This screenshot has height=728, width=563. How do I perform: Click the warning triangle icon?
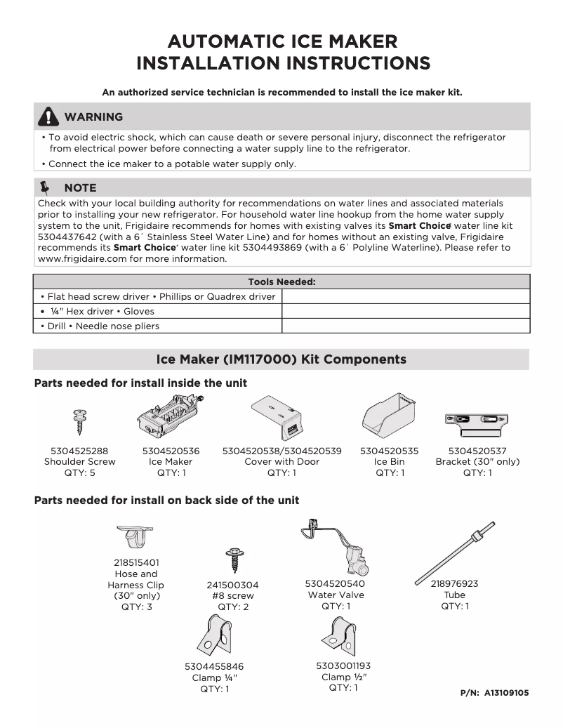click(x=48, y=117)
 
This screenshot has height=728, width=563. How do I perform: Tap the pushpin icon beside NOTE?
click(x=47, y=187)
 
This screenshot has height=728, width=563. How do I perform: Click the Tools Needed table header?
click(x=281, y=282)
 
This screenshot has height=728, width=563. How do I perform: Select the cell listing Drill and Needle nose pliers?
click(x=158, y=326)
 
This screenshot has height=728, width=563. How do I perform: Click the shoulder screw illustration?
click(x=79, y=422)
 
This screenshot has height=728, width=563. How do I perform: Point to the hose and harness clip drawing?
click(x=135, y=538)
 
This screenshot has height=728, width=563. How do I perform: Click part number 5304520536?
click(x=171, y=451)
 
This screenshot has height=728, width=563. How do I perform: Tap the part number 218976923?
click(x=454, y=583)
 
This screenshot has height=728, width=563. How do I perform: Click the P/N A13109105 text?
click(x=494, y=693)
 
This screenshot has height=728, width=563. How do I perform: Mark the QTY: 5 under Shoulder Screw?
click(x=79, y=473)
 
